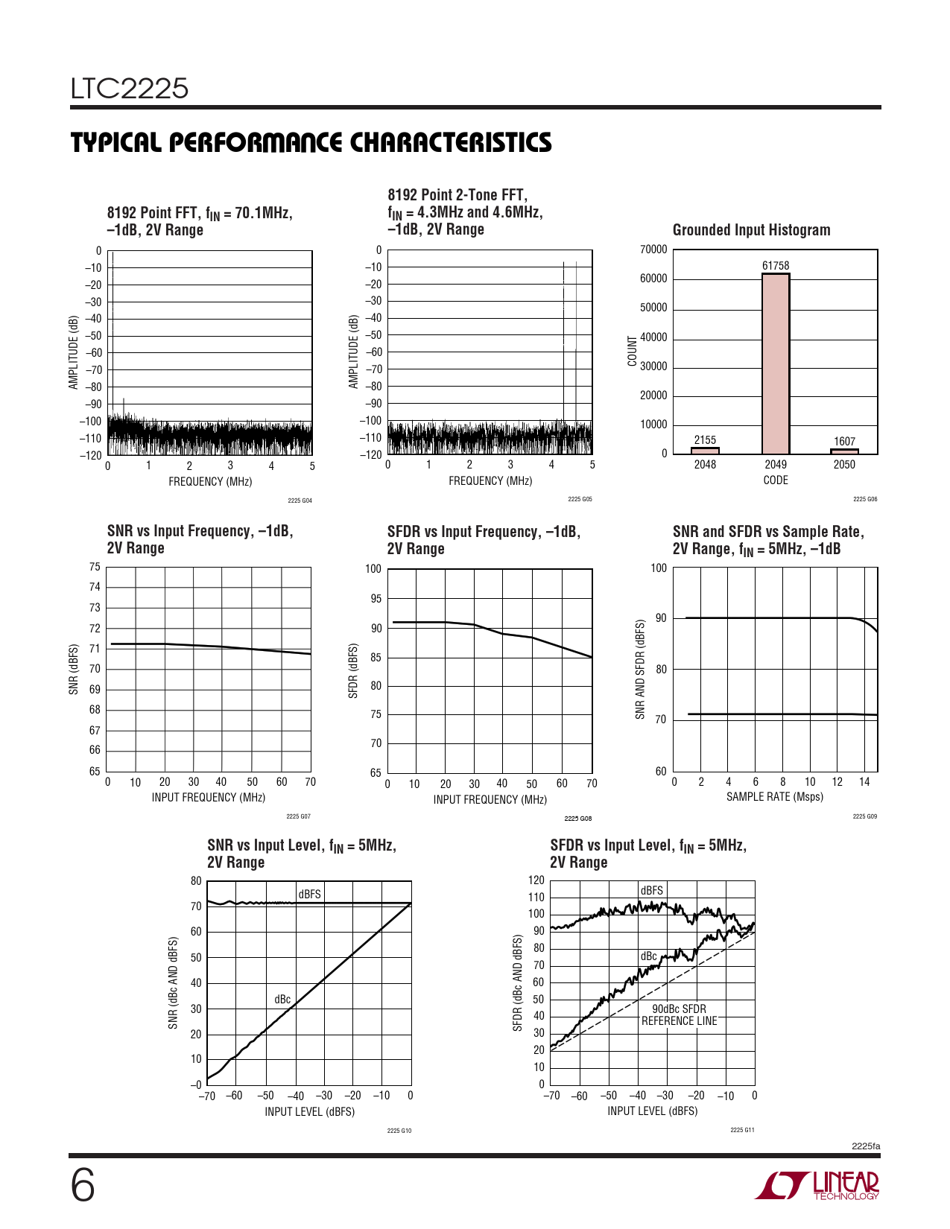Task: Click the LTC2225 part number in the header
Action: (x=130, y=89)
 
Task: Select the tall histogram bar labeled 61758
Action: (x=776, y=363)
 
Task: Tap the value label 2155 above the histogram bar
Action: (x=705, y=440)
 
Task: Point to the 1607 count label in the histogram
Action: (x=844, y=442)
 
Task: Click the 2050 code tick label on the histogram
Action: (x=844, y=465)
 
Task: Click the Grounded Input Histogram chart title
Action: (x=751, y=230)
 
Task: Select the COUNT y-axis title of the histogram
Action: (x=633, y=351)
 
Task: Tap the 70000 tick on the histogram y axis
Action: (x=653, y=250)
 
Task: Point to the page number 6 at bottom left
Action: (x=83, y=1186)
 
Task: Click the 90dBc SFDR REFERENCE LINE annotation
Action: (x=679, y=1015)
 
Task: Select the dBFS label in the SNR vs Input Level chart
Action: (x=309, y=894)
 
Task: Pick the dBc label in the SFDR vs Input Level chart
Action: (x=648, y=956)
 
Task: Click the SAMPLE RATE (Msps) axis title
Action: (x=775, y=797)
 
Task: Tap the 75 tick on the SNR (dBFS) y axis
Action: (x=95, y=568)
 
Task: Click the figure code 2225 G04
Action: (x=300, y=501)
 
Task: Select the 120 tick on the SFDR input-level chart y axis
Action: (x=536, y=880)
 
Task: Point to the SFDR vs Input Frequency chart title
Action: (x=483, y=540)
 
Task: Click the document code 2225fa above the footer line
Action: (x=866, y=1146)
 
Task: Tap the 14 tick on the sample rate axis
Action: (x=864, y=782)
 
